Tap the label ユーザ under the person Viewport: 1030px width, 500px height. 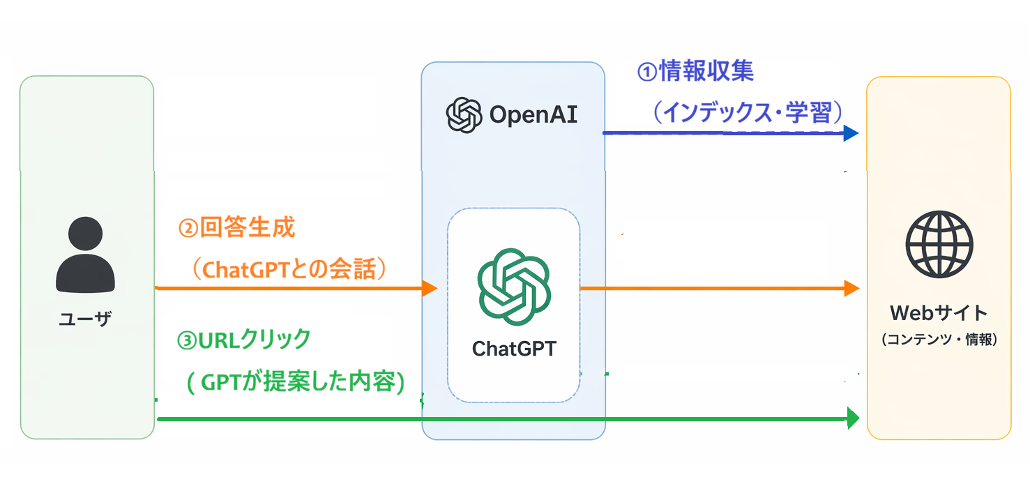click(x=85, y=320)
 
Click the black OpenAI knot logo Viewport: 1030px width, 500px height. click(x=464, y=115)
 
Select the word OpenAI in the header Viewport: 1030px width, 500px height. click(x=533, y=115)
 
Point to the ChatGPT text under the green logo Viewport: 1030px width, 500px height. click(x=514, y=348)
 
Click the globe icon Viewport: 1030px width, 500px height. click(x=939, y=245)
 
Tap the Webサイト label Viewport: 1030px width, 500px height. click(x=939, y=312)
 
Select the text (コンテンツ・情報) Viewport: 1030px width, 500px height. click(x=939, y=340)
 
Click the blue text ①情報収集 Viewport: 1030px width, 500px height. click(x=695, y=71)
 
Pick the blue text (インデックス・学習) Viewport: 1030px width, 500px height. click(x=748, y=113)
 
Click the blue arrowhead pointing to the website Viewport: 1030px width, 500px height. click(x=851, y=133)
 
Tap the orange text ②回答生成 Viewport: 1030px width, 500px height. click(x=237, y=228)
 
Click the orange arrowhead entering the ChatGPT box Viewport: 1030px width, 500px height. click(x=430, y=288)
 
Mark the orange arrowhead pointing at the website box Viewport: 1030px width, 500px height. click(x=851, y=288)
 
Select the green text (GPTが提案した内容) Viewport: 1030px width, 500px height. click(x=296, y=382)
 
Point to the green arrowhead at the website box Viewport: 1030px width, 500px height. click(x=852, y=418)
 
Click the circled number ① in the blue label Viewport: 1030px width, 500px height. click(x=647, y=72)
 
